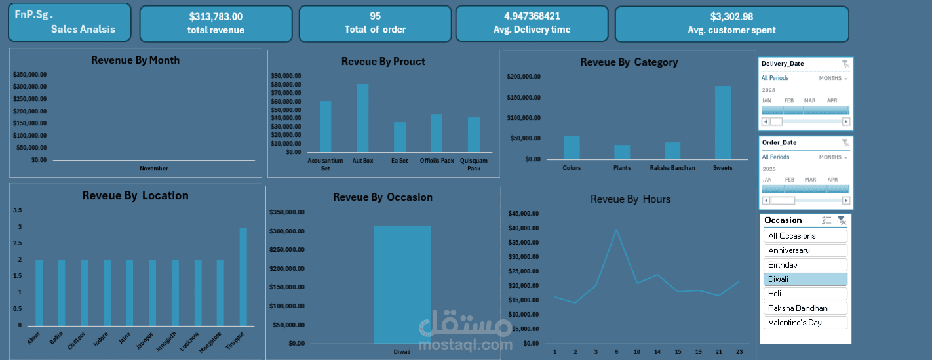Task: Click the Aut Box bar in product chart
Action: tap(362, 118)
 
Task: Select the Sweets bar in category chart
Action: tap(723, 123)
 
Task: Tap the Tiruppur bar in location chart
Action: tap(243, 276)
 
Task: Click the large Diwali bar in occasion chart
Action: tap(402, 285)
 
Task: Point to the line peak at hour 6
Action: tap(616, 230)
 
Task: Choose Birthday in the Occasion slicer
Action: tap(805, 265)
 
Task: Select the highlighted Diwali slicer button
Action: tap(805, 279)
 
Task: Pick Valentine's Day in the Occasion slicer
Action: tap(805, 323)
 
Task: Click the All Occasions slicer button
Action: tap(805, 236)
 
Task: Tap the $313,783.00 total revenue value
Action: tap(216, 16)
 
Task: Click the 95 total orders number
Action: tap(375, 16)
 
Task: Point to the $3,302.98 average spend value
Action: tap(731, 16)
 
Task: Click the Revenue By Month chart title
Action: tap(135, 60)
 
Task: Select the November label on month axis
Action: tap(154, 169)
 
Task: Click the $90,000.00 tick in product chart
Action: tap(286, 76)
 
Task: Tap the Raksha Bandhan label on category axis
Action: tap(672, 168)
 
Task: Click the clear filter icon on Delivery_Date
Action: tap(845, 64)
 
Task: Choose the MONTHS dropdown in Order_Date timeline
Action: tap(833, 157)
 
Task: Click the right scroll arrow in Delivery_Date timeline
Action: tap(845, 121)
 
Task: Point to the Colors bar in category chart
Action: tap(572, 148)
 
